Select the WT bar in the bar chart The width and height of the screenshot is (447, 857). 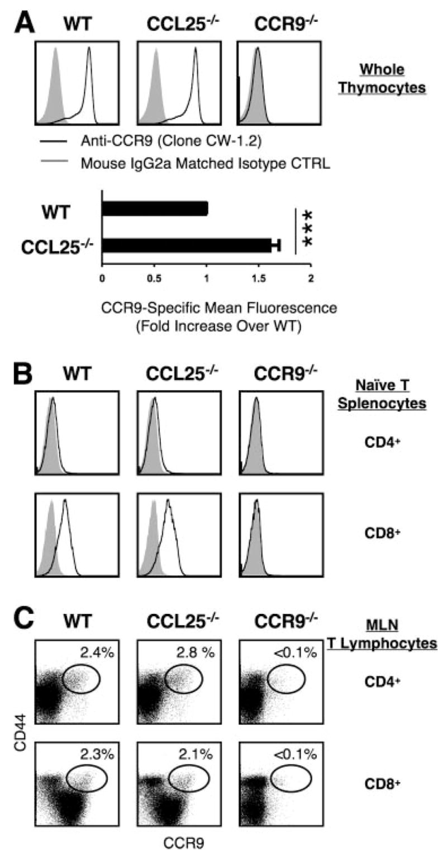154,209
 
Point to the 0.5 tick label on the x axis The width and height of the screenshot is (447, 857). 154,278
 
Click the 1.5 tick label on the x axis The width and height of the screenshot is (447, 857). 259,278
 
